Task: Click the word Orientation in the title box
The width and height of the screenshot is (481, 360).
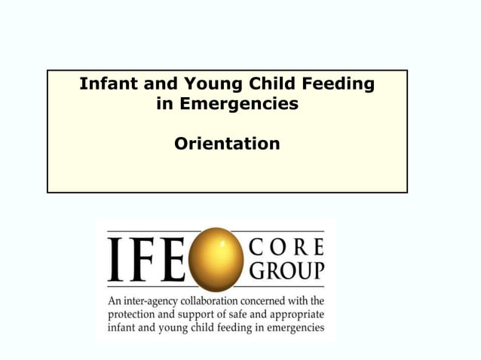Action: [227, 143]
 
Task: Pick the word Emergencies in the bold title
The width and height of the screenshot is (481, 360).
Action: [238, 103]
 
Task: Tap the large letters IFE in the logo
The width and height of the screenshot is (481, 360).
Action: [146, 259]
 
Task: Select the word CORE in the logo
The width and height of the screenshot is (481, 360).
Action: [286, 247]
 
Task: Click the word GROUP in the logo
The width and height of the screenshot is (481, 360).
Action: [286, 270]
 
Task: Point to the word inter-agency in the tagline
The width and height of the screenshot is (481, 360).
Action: [152, 301]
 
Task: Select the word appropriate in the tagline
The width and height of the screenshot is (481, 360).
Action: [296, 315]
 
